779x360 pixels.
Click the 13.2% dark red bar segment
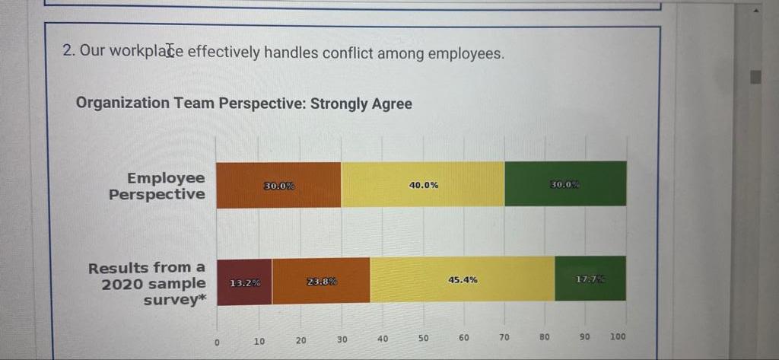(244, 281)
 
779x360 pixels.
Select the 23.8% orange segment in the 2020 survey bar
(321, 281)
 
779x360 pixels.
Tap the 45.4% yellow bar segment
(463, 279)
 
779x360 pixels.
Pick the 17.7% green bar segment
(590, 279)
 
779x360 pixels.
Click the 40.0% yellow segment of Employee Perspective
(423, 184)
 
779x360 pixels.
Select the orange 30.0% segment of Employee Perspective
(279, 185)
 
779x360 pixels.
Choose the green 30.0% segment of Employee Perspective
(565, 184)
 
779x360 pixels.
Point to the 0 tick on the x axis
(217, 342)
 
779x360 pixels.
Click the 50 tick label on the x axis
(424, 338)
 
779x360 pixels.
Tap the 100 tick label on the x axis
(618, 336)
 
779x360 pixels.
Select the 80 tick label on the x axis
(545, 336)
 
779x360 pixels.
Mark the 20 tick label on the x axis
(300, 340)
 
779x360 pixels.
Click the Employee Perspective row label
(157, 186)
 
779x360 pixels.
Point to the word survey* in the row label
(175, 300)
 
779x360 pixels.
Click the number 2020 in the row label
(123, 284)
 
